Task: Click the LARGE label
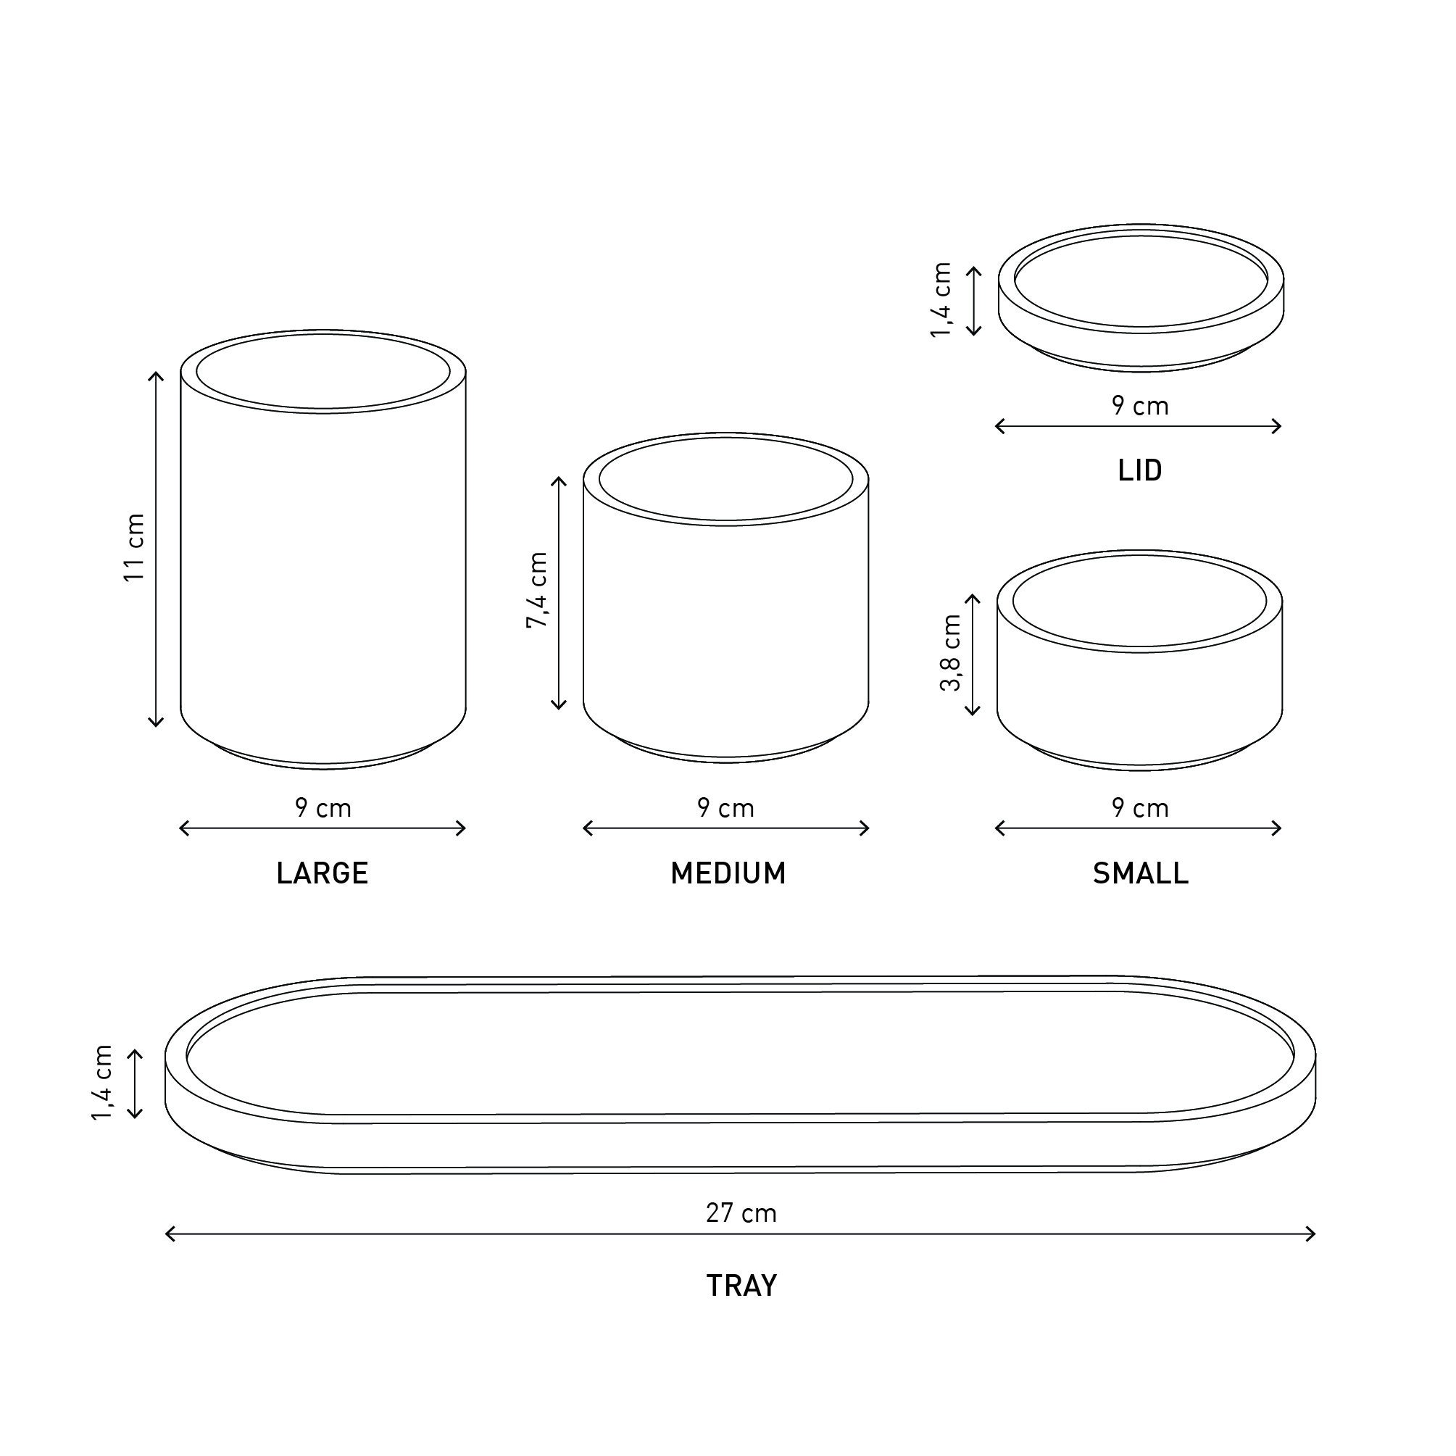(323, 873)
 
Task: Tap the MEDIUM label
(728, 873)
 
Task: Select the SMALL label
(1140, 873)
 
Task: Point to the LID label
(1140, 470)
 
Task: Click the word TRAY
(741, 1286)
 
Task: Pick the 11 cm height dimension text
(134, 547)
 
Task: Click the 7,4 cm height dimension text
(537, 591)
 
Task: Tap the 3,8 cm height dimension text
(951, 653)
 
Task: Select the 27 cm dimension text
(741, 1213)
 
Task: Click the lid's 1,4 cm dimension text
(941, 300)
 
